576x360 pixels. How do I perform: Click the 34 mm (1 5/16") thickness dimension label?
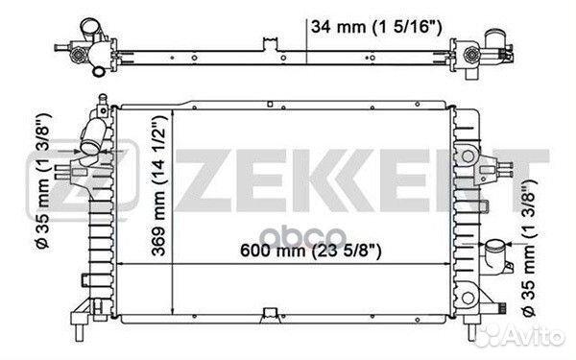coord(376,27)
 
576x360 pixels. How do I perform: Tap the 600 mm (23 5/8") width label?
coord(311,251)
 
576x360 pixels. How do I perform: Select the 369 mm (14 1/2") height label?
coord(159,185)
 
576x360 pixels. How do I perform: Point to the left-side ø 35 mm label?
coord(44,180)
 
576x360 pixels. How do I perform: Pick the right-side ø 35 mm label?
coord(529,249)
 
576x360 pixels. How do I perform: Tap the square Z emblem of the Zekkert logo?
coord(83,177)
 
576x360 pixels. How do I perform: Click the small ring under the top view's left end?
coord(98,71)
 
